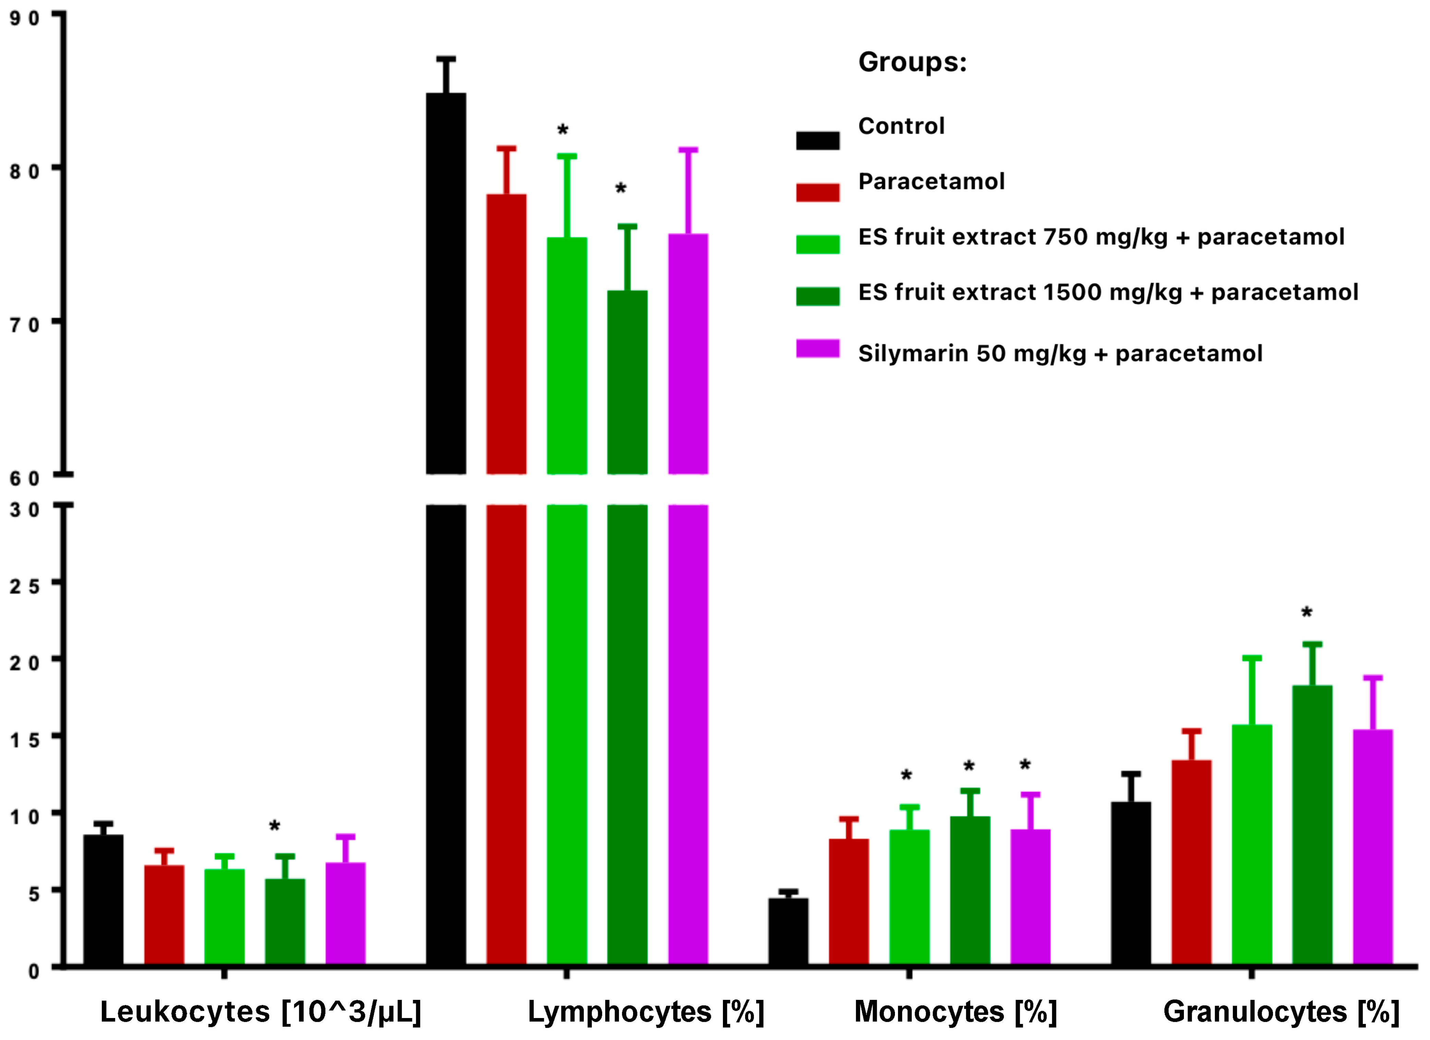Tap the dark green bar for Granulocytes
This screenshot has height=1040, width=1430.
coord(1312,826)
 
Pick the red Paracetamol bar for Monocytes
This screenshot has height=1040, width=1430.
coord(849,902)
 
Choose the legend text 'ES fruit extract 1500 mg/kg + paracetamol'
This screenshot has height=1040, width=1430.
coord(1108,292)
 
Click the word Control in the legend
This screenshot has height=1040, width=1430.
coord(901,126)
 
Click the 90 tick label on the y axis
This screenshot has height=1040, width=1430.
coord(24,18)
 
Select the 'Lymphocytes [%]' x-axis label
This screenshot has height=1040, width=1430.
coord(646,1012)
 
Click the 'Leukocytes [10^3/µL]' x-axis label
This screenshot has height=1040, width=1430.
coord(260,1012)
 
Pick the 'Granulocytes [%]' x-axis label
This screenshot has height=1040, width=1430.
coord(1281,1012)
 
